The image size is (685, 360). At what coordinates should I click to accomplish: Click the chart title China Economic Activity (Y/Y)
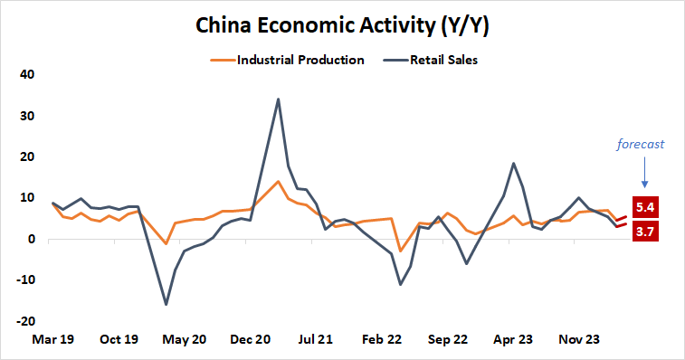(x=342, y=26)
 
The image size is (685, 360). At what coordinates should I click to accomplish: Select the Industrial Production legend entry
(x=287, y=61)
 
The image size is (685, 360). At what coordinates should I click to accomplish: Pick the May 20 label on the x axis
(x=186, y=340)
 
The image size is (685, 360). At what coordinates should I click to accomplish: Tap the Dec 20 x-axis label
(x=252, y=340)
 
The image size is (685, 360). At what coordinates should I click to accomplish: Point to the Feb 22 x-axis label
(x=382, y=340)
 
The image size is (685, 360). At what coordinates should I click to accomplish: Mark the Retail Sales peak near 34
(x=278, y=99)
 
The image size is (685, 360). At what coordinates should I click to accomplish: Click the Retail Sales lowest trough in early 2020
(x=166, y=304)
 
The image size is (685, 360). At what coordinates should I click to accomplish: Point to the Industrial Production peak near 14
(x=278, y=182)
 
